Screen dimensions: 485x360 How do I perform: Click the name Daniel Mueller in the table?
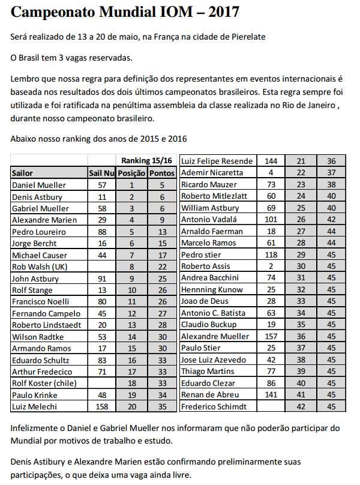pos(39,185)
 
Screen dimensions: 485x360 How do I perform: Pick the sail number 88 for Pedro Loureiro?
pos(101,232)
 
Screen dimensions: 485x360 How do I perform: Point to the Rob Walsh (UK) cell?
pos(40,267)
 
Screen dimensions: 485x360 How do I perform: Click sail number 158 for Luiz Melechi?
pos(101,406)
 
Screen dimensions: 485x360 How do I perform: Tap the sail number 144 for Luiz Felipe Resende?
pos(271,161)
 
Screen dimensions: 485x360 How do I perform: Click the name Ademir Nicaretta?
pos(212,173)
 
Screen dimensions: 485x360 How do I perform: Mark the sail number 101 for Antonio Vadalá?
pos(271,220)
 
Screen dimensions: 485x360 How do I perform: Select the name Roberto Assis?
pos(206,267)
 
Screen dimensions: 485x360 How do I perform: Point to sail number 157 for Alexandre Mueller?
pos(271,337)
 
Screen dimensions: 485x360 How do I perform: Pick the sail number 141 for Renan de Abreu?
pos(271,394)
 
